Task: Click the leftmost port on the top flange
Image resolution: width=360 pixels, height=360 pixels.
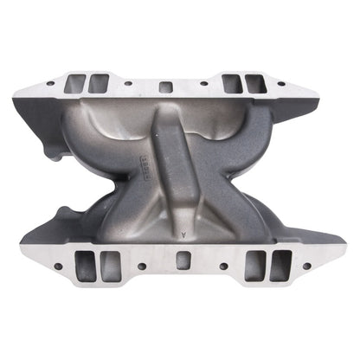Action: coord(77,83)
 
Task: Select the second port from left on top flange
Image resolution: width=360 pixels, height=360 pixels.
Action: coord(99,83)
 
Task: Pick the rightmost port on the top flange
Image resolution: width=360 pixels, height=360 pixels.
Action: coord(254,83)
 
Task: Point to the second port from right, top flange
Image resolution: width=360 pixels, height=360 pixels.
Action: coord(232,83)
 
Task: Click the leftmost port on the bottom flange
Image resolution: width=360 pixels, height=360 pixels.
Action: coord(84,265)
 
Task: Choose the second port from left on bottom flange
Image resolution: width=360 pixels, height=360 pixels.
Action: coord(109,265)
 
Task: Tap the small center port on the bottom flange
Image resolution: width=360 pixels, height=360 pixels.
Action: coord(182,260)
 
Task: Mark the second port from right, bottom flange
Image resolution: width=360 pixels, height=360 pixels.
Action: coord(254,265)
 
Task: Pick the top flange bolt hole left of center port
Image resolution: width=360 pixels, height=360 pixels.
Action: coord(129,84)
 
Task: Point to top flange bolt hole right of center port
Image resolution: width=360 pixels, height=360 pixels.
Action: coord(203,84)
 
